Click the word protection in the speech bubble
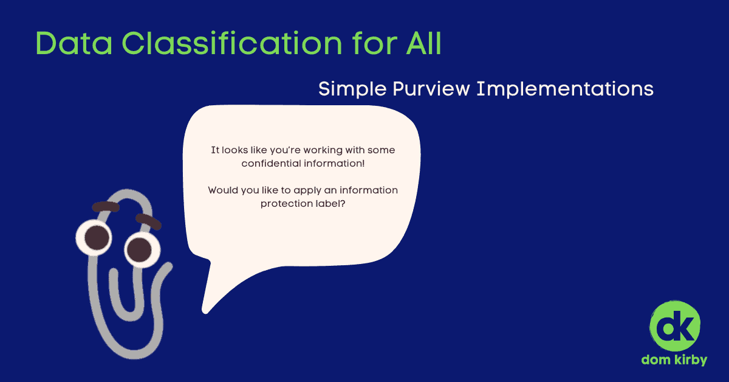coord(287,203)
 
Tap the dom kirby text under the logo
coord(674,360)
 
